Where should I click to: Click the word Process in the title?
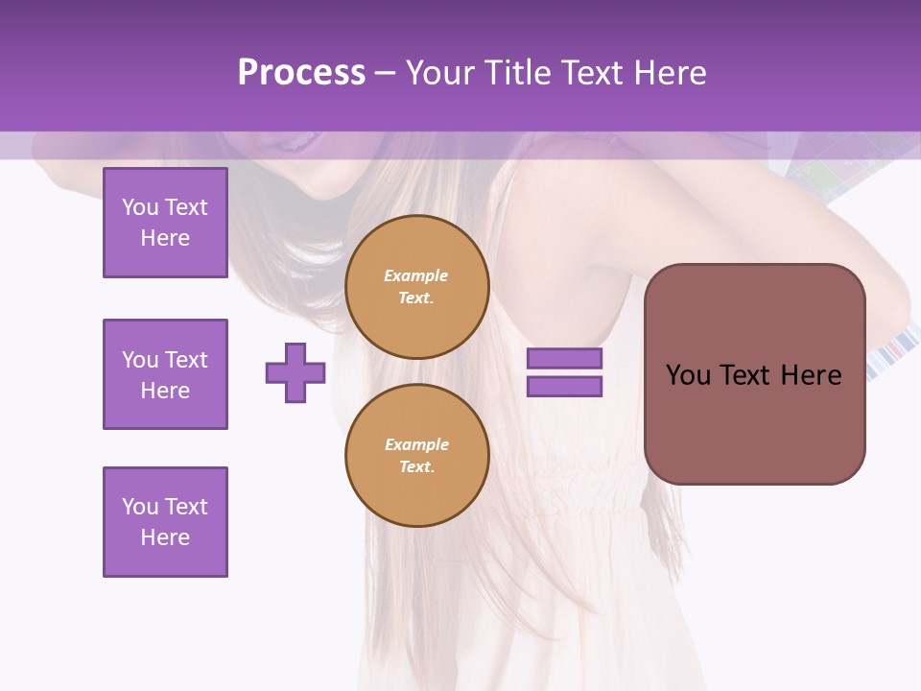[x=301, y=73]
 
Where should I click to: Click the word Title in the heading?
[x=517, y=73]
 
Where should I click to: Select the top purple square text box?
[x=165, y=223]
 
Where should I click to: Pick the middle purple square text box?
[x=165, y=374]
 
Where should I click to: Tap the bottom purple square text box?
[x=165, y=522]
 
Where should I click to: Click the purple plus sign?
[x=295, y=372]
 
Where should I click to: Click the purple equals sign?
[x=564, y=372]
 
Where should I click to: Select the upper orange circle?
[x=417, y=287]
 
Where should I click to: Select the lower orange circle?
[x=417, y=456]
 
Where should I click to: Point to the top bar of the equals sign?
[x=564, y=359]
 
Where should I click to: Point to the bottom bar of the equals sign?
[x=564, y=387]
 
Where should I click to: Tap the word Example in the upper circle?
[x=416, y=275]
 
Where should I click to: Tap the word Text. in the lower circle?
[x=416, y=467]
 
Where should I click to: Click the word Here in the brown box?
[x=811, y=375]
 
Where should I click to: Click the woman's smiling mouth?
[x=294, y=145]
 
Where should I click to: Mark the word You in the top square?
[x=140, y=207]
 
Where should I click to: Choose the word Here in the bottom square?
[x=165, y=537]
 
